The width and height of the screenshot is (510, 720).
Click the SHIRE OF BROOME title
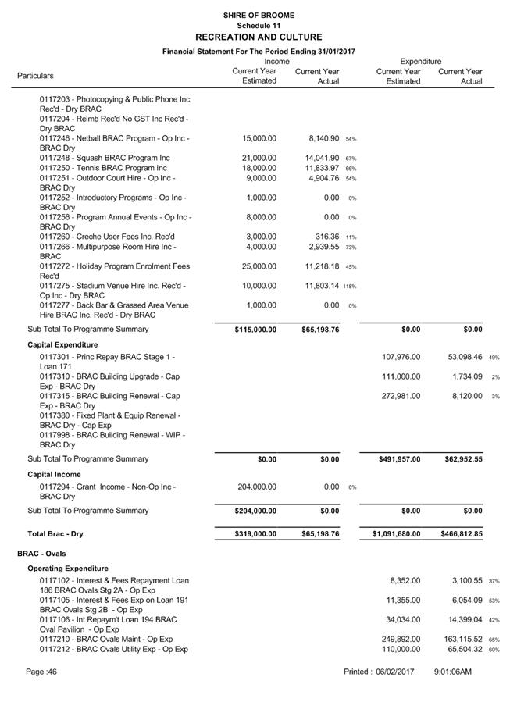click(x=258, y=15)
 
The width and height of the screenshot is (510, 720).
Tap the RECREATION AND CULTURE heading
click(x=258, y=37)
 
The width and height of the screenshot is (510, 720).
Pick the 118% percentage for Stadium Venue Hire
click(x=349, y=287)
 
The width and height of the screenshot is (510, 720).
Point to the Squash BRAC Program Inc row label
click(x=105, y=158)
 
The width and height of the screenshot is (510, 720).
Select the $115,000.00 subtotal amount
click(x=255, y=330)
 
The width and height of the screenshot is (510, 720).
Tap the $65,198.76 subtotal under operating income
click(x=320, y=330)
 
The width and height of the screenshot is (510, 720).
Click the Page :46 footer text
click(x=42, y=672)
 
